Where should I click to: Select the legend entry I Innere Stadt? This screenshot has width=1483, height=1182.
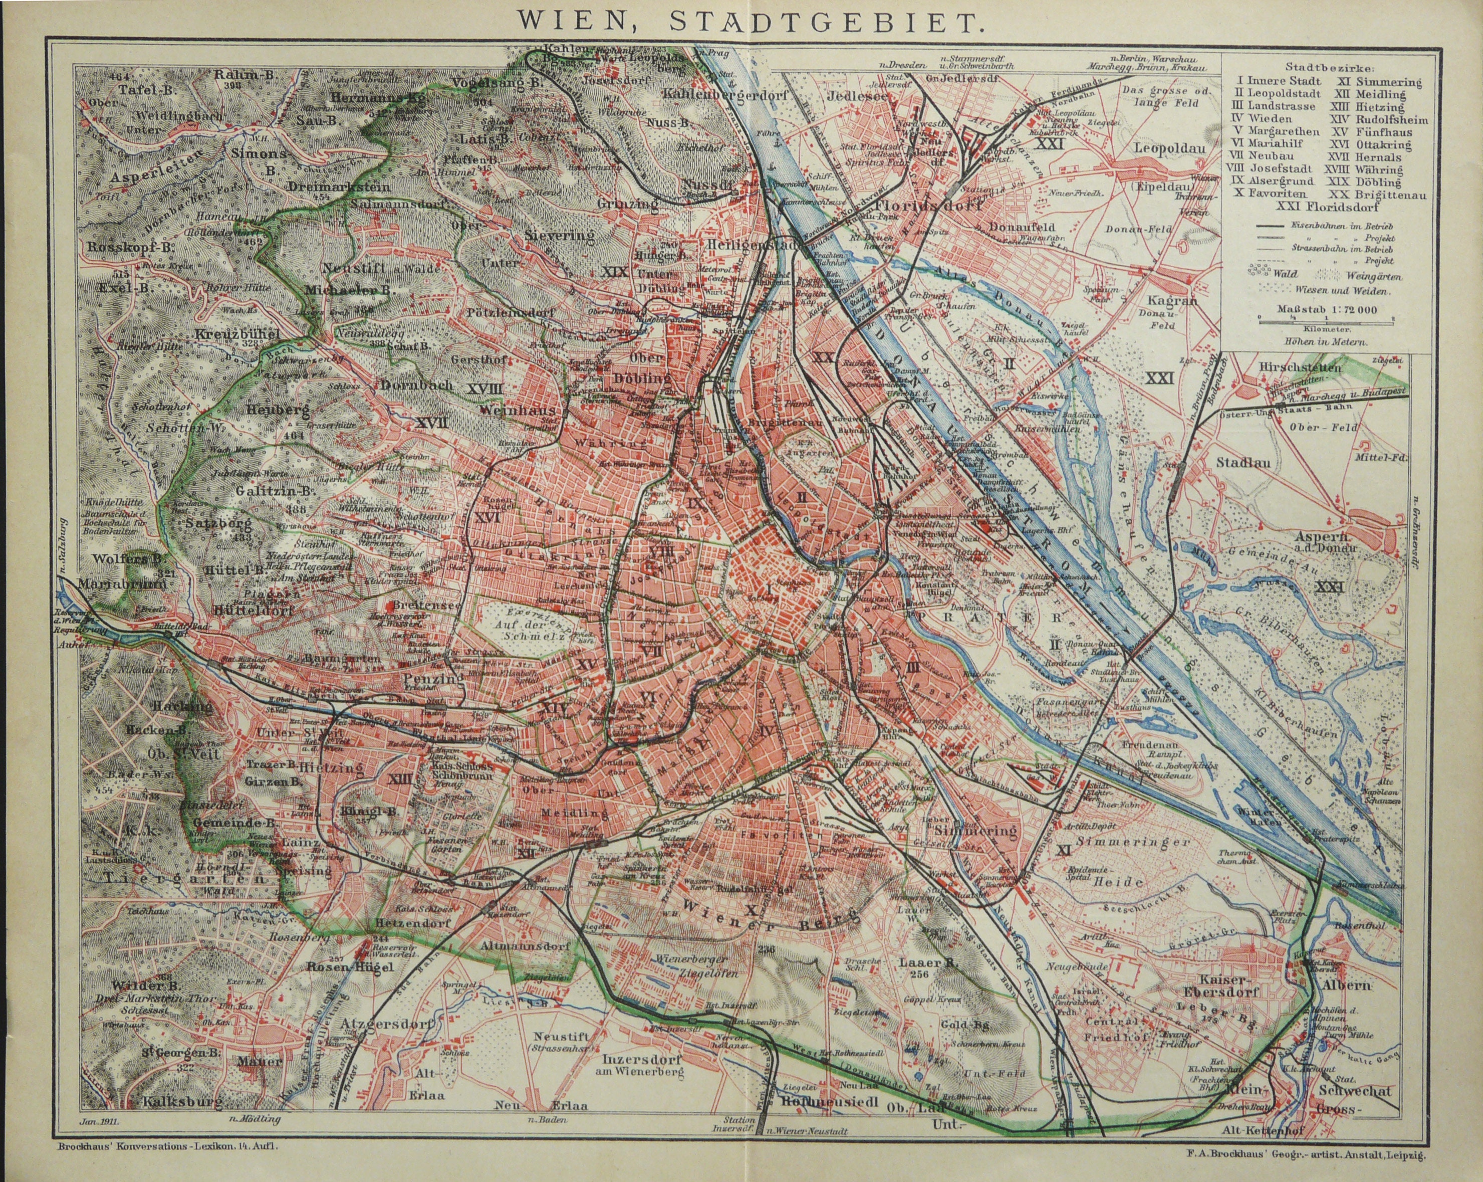point(1275,81)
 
